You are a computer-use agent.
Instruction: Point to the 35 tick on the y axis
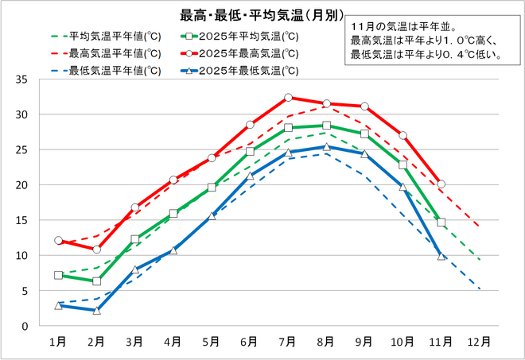[x=21, y=79]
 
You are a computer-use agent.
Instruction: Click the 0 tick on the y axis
[x=25, y=326]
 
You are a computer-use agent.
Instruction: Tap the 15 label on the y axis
[x=21, y=220]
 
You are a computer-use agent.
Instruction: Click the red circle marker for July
[x=288, y=98]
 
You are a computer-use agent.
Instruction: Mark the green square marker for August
[x=326, y=126]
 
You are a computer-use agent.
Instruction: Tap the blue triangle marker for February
[x=96, y=310]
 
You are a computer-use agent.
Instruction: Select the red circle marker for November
[x=441, y=184]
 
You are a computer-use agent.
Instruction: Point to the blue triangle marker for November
[x=441, y=256]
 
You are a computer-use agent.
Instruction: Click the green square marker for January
[x=58, y=275]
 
